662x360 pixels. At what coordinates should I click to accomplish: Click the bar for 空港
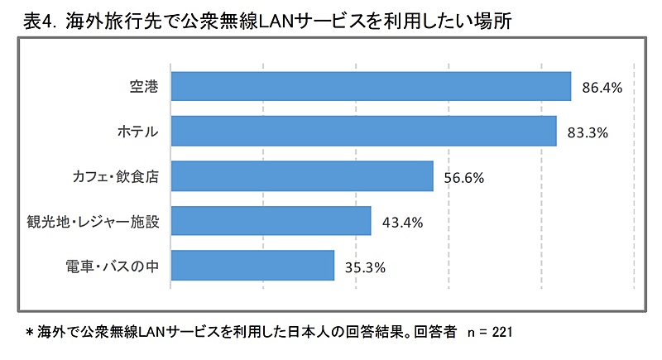pyautogui.click(x=371, y=86)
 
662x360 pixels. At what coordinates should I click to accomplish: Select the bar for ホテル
pyautogui.click(x=363, y=131)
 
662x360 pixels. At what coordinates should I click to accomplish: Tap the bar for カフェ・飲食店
pyautogui.click(x=302, y=176)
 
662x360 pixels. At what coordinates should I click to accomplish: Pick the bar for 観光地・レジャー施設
pyautogui.click(x=271, y=221)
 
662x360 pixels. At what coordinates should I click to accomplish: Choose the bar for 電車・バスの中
pyautogui.click(x=252, y=266)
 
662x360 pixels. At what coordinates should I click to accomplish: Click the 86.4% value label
pyautogui.click(x=602, y=86)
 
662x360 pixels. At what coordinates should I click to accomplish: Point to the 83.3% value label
pyautogui.click(x=587, y=132)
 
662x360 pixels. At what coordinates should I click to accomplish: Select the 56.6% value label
pyautogui.click(x=464, y=177)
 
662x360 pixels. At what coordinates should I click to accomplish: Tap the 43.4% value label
pyautogui.click(x=402, y=222)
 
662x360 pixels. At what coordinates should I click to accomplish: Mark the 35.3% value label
pyautogui.click(x=365, y=266)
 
